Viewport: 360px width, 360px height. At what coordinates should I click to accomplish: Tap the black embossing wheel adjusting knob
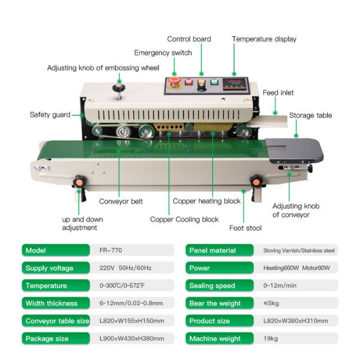[118, 89]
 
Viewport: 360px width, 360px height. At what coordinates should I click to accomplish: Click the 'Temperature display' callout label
[264, 39]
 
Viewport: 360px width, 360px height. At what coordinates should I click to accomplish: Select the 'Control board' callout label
[189, 39]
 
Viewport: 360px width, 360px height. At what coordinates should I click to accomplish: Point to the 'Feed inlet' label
[278, 93]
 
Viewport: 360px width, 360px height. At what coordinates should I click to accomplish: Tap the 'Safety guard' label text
[50, 115]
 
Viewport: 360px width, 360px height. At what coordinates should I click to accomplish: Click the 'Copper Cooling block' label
[184, 220]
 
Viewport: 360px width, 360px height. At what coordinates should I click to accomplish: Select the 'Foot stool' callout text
[245, 227]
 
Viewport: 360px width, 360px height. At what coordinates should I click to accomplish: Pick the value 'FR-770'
[111, 250]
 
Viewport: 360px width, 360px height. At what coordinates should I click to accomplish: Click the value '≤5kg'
[272, 304]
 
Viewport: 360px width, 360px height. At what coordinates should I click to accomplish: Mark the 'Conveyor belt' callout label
[121, 202]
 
